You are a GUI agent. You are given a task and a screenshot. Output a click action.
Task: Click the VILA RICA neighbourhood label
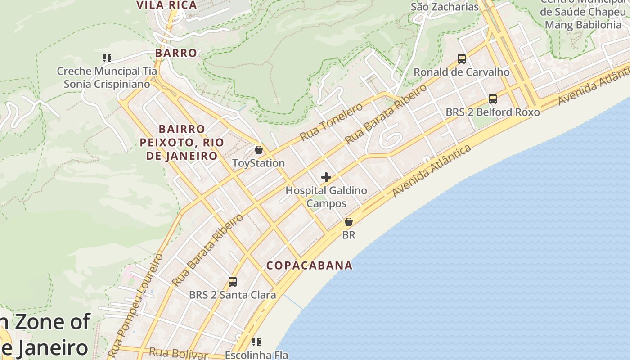(x=166, y=5)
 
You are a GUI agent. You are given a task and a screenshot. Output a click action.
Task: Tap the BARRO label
(x=176, y=53)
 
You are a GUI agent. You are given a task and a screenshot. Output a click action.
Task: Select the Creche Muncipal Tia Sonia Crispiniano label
(x=107, y=77)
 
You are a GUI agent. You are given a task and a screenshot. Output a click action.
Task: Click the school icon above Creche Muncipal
(x=107, y=58)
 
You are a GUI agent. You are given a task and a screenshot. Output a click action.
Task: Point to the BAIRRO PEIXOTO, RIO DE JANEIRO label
(x=182, y=143)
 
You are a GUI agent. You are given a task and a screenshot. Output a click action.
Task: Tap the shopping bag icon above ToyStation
(x=259, y=150)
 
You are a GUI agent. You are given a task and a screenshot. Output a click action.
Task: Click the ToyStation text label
(x=258, y=163)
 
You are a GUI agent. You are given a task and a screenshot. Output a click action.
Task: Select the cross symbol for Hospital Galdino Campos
(x=326, y=177)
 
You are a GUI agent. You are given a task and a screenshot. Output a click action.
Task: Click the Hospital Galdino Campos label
(x=326, y=197)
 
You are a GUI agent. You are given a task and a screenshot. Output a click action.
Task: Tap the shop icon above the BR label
(x=348, y=222)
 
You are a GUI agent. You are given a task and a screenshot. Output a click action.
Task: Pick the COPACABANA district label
(x=309, y=265)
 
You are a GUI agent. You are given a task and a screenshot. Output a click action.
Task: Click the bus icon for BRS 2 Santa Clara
(x=232, y=282)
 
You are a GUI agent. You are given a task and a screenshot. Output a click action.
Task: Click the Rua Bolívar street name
(x=179, y=353)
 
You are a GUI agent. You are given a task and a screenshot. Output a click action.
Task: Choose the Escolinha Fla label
(x=256, y=355)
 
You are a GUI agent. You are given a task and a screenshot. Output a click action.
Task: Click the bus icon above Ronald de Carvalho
(x=461, y=58)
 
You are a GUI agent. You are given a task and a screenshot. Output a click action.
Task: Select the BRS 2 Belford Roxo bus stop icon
(x=493, y=99)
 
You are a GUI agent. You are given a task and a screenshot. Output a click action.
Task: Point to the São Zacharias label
(x=445, y=7)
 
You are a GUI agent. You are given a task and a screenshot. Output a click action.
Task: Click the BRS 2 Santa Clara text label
(x=232, y=295)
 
